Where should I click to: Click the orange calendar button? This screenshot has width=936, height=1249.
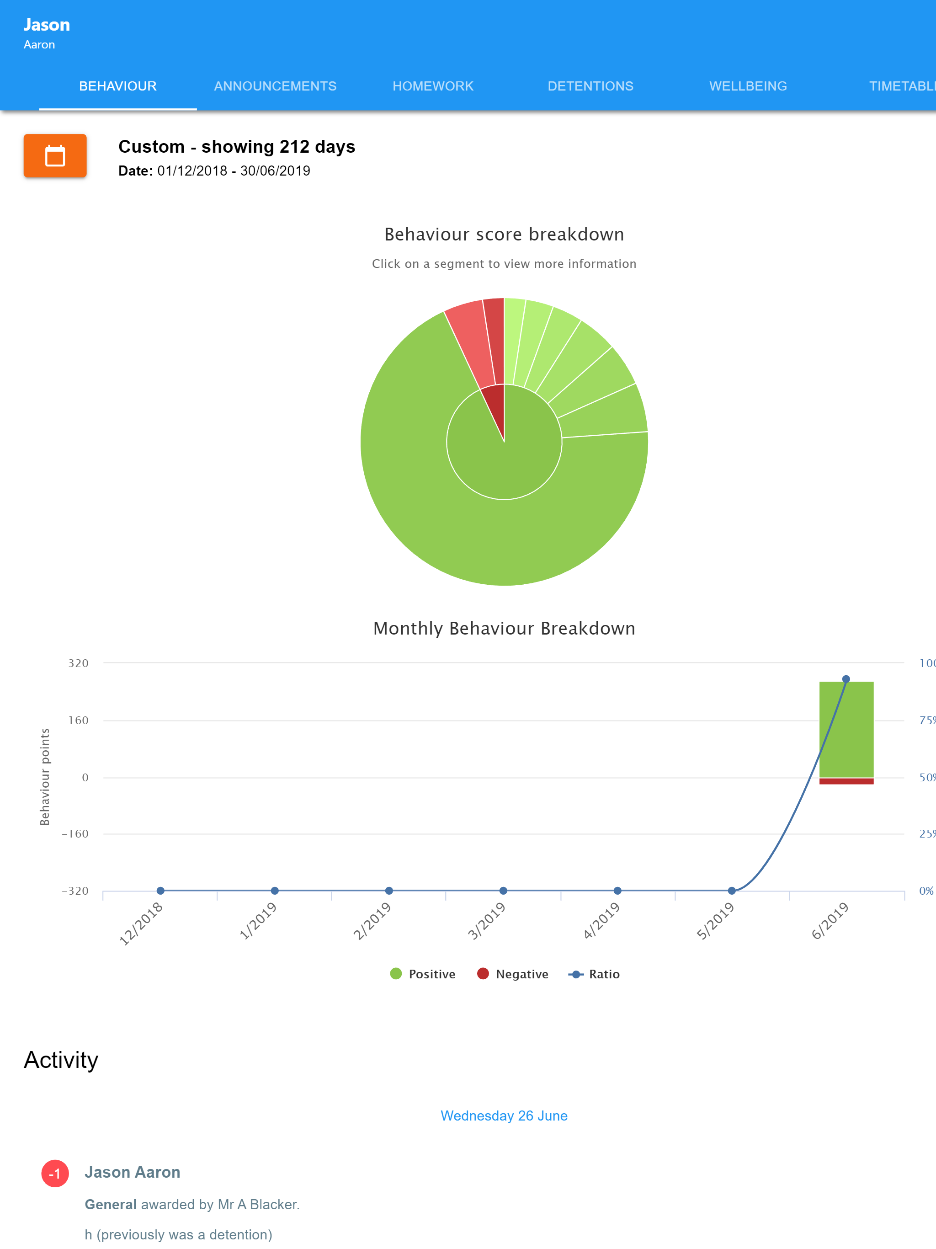click(x=55, y=156)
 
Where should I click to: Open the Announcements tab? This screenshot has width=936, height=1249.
click(x=275, y=86)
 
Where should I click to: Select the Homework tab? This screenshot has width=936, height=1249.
click(x=433, y=86)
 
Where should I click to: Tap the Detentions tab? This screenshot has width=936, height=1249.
click(x=590, y=86)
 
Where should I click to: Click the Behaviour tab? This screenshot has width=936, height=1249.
click(x=117, y=86)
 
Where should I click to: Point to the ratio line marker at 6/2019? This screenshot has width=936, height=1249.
click(x=846, y=679)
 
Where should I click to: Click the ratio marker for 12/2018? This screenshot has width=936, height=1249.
click(x=160, y=891)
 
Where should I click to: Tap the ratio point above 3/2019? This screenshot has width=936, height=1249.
click(x=503, y=891)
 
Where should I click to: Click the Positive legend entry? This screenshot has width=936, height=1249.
click(x=423, y=974)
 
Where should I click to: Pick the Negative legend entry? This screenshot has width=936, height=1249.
click(x=513, y=974)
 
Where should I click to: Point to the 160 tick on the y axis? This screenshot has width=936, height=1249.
click(x=79, y=721)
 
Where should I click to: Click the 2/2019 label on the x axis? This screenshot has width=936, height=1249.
click(x=372, y=921)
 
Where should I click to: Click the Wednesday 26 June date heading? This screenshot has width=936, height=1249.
click(x=504, y=1116)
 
